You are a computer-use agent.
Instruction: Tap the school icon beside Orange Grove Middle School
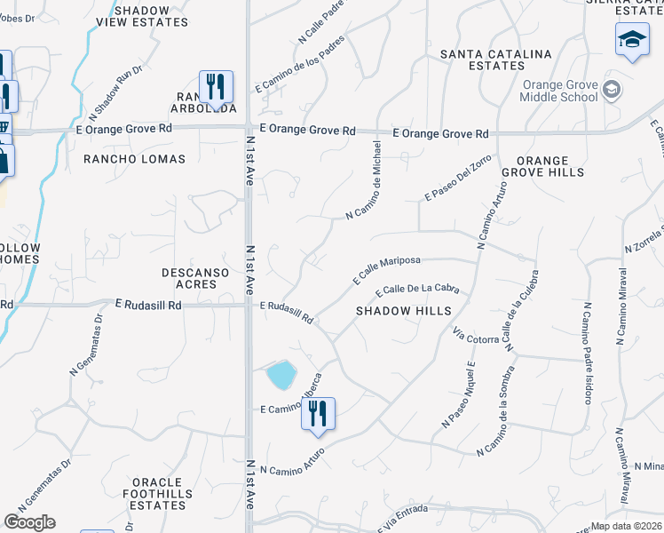pos(611,89)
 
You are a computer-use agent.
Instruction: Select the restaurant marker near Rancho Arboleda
pos(216,87)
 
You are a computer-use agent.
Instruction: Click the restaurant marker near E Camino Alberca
pos(318,414)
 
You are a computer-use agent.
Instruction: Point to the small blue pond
pos(281,375)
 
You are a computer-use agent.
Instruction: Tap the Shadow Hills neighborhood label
pos(404,311)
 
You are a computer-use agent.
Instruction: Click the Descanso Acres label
pos(189,278)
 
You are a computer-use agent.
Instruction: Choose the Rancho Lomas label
pos(134,159)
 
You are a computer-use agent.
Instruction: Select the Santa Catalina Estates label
pos(496,60)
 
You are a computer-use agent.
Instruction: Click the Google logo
pos(29,522)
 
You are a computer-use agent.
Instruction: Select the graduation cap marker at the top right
pos(632,40)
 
